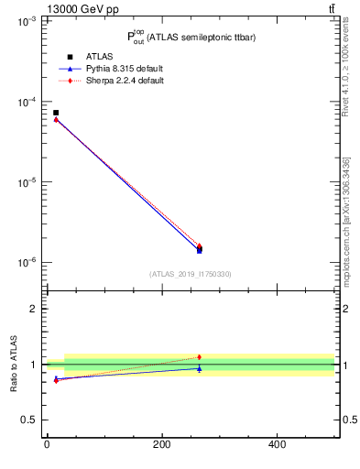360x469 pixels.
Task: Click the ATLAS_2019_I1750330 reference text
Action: point(190,274)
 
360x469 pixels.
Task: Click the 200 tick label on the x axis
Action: point(161,444)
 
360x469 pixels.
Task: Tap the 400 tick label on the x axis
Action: point(277,444)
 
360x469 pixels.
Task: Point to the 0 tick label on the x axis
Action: point(47,444)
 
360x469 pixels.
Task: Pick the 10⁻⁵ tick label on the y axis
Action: point(27,182)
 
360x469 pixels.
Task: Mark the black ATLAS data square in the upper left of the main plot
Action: point(56,113)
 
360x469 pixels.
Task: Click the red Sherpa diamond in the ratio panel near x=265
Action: point(199,357)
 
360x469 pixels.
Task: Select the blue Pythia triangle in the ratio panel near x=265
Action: point(199,368)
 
